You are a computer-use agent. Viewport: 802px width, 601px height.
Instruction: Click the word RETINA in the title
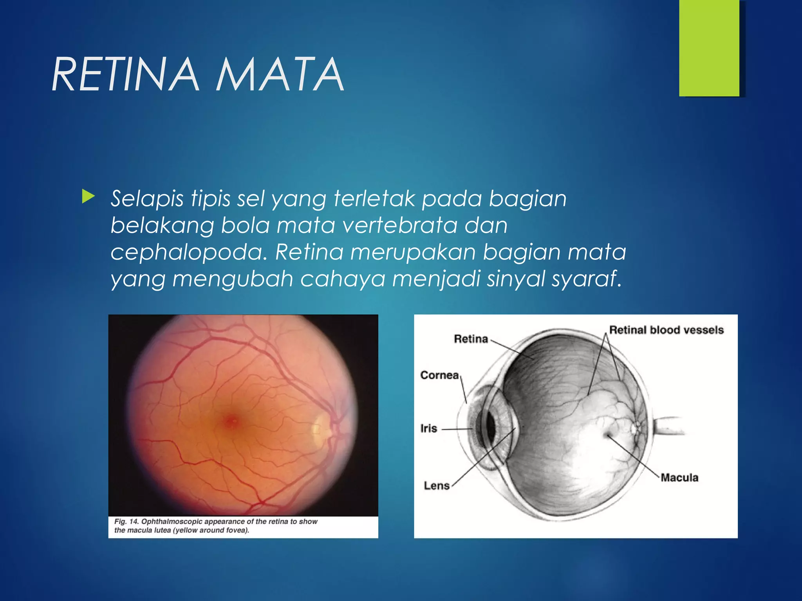coord(125,74)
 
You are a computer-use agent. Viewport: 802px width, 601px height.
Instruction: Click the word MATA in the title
coord(280,74)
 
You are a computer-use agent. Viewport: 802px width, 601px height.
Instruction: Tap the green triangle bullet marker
coord(88,197)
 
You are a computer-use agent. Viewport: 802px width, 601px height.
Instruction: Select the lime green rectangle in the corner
coord(709,48)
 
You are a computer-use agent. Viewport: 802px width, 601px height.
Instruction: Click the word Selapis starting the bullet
coord(147,199)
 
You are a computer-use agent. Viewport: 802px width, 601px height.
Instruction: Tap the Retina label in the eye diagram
coord(471,339)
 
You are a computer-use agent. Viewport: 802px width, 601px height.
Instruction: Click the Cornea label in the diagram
coord(439,375)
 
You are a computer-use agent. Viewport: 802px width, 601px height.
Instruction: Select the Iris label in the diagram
coord(428,428)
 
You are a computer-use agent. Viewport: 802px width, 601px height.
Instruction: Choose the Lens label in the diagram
coord(437,486)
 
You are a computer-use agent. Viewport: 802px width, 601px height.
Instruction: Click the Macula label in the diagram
coord(679,477)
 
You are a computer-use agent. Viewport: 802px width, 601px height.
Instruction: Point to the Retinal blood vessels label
coord(666,330)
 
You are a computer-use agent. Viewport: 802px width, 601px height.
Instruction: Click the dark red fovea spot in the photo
coord(231,421)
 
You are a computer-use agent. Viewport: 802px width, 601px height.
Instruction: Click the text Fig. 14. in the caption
coord(126,522)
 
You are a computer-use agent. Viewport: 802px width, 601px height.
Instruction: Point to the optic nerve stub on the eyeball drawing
coord(668,426)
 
